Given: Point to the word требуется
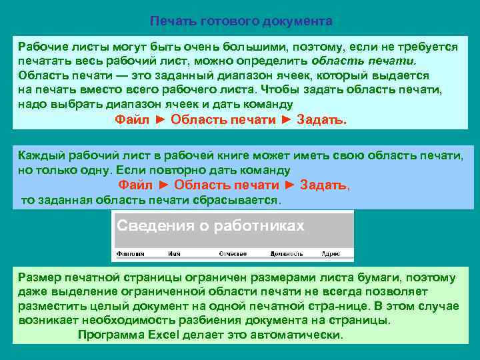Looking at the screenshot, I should pos(425,47).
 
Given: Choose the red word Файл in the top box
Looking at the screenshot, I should pos(132,120).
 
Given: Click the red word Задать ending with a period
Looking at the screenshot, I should pos(321,120).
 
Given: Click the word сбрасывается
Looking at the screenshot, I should pos(241,200).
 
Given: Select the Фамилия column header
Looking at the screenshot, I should pos(131,254).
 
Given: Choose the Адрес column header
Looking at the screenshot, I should pos(331,254).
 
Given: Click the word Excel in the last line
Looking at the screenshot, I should pos(176,335).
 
